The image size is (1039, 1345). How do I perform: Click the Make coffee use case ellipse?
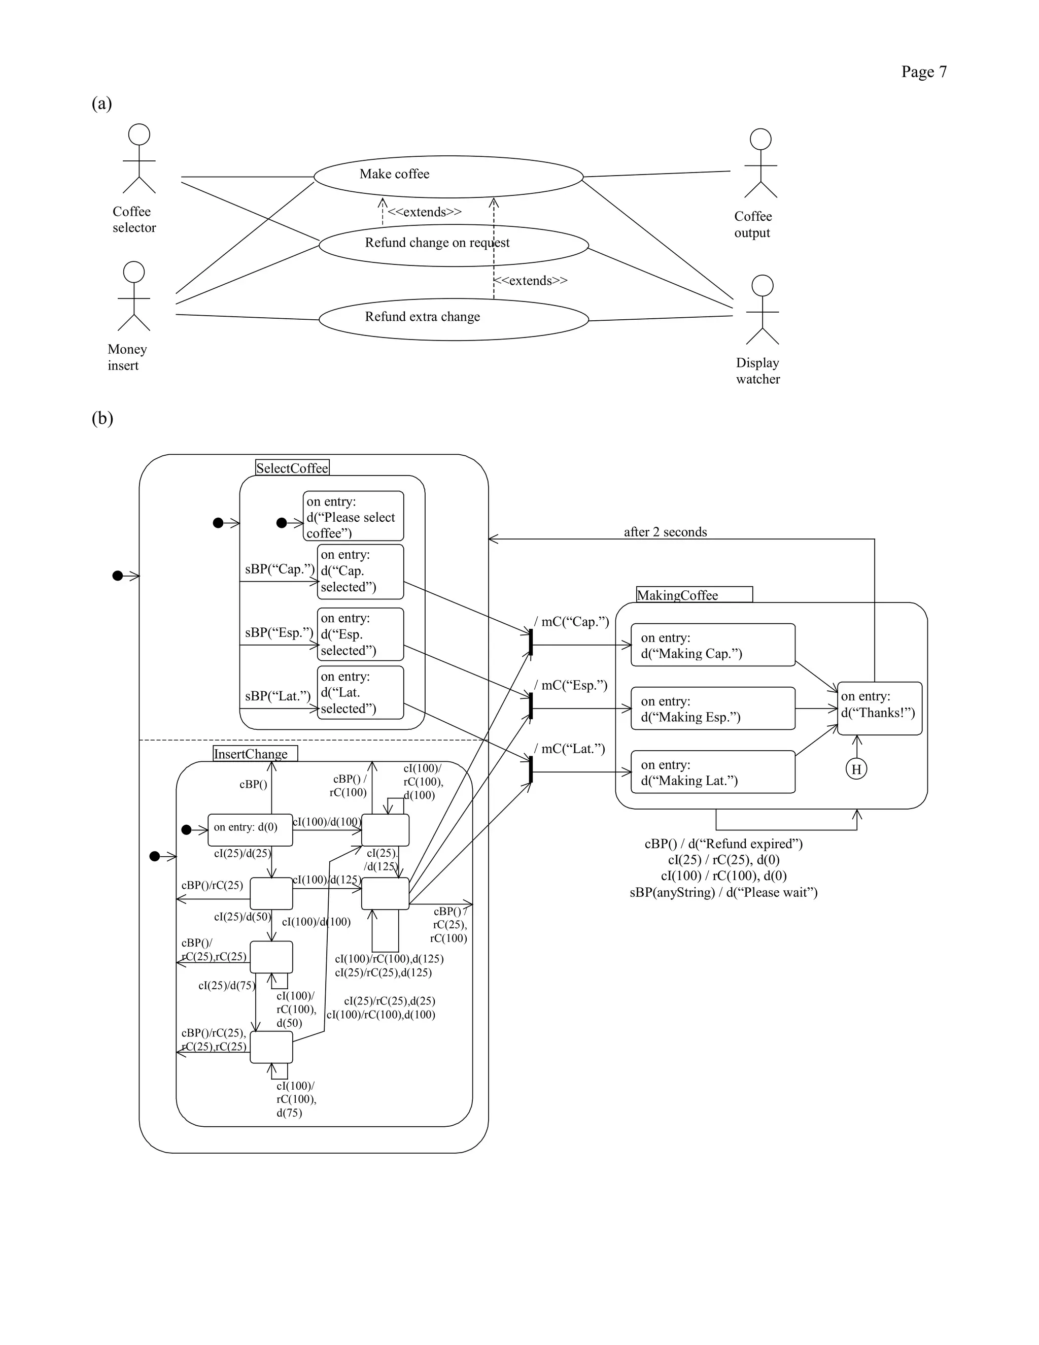(448, 177)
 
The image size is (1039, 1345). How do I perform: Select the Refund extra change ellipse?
(454, 319)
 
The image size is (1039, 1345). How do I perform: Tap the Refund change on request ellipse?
(454, 245)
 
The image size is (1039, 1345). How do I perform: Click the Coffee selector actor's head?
(139, 134)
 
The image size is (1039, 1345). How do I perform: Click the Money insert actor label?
(127, 357)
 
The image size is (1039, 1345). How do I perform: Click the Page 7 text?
(923, 72)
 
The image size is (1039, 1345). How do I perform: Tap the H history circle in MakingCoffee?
(856, 768)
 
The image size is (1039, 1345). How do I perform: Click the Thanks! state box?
(879, 708)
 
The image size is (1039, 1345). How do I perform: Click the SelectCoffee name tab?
(292, 467)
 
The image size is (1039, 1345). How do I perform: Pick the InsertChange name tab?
(255, 754)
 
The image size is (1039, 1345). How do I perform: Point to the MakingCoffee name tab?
(694, 594)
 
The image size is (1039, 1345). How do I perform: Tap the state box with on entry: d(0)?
(250, 829)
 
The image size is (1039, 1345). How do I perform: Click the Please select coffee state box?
(353, 516)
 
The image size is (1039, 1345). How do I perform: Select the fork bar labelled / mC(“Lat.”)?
(530, 770)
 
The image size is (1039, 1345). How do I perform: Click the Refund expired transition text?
(723, 843)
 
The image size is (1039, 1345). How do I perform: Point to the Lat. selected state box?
(360, 692)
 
